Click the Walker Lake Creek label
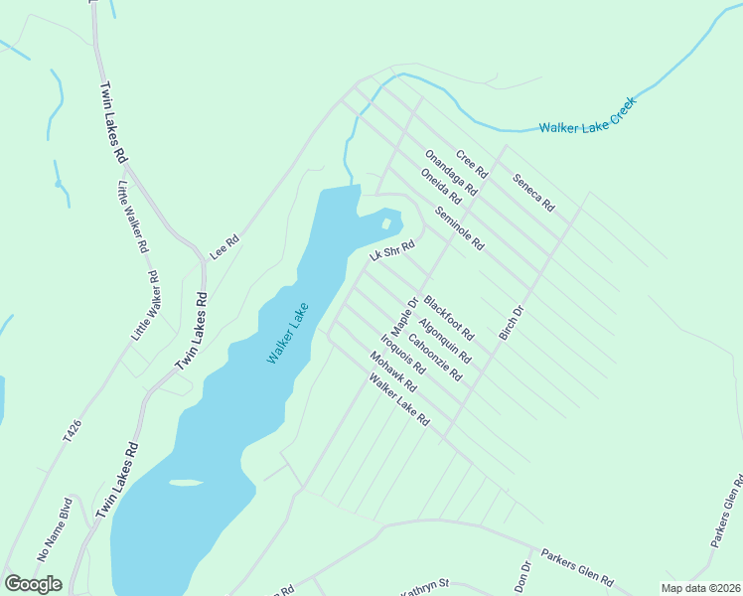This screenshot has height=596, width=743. tap(586, 116)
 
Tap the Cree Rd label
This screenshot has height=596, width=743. tap(471, 164)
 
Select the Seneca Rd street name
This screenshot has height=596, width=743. tap(532, 193)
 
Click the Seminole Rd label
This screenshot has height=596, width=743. tap(459, 229)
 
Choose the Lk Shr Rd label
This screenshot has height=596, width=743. tap(390, 254)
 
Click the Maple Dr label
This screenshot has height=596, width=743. tap(402, 316)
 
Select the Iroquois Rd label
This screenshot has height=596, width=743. tap(403, 354)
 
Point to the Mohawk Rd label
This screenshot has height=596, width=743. tap(391, 372)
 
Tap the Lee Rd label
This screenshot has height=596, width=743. tap(225, 247)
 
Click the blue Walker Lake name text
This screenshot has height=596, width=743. tap(288, 333)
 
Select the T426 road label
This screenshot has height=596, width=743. tap(72, 431)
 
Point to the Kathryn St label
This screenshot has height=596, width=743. tap(426, 588)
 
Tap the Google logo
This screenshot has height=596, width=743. tap(33, 584)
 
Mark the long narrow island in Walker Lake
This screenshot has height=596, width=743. tap(186, 483)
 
